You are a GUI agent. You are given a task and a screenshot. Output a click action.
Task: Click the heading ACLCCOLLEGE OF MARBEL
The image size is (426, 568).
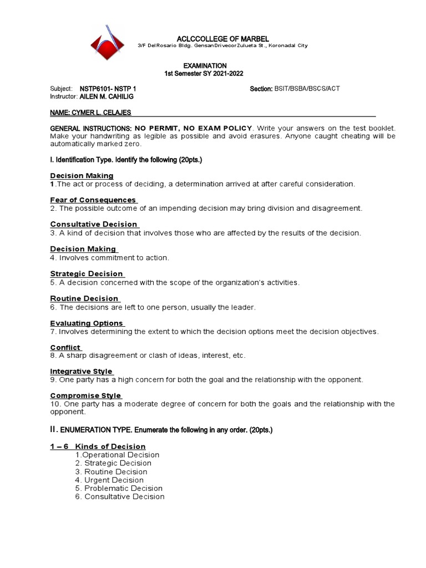tap(222, 38)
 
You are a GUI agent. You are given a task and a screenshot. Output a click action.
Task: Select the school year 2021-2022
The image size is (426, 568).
tap(224, 74)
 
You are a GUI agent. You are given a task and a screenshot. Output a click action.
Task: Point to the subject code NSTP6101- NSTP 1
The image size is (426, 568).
tap(108, 89)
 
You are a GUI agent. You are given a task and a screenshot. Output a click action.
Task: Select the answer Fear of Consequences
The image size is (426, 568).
tap(93, 200)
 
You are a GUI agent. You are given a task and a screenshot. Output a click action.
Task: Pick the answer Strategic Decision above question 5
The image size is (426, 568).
tap(87, 273)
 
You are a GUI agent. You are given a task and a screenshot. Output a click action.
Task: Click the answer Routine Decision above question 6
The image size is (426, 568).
tap(84, 298)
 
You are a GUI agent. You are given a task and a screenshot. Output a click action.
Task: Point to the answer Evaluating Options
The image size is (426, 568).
tap(87, 323)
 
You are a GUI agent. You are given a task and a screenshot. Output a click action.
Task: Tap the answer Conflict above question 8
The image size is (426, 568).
tap(65, 347)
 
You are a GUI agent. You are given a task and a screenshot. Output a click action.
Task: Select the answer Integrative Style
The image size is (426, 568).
tap(81, 371)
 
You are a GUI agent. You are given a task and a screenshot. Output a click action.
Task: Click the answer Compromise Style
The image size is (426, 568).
tap(85, 395)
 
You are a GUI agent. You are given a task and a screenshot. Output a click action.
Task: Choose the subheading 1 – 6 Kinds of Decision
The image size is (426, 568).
tap(98, 446)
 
